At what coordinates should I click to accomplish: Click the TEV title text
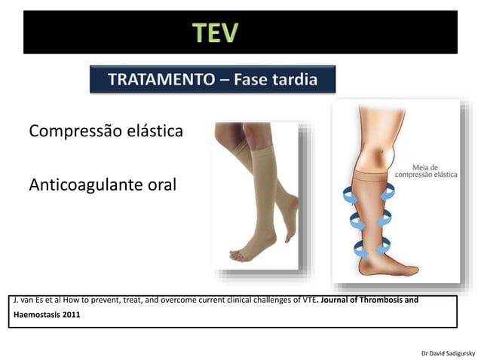[x=215, y=32]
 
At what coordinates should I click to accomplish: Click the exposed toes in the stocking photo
[x=240, y=255]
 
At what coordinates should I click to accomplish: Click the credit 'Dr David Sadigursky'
[x=447, y=352]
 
